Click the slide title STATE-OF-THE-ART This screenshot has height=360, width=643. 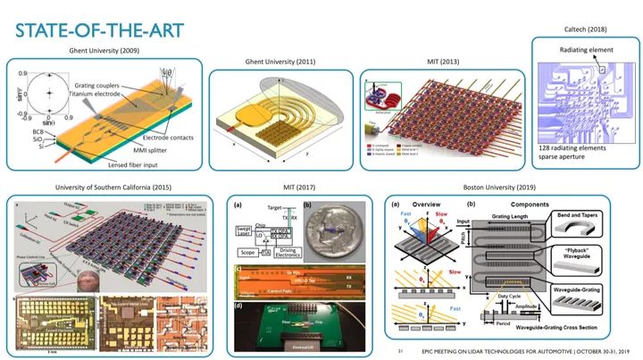[100, 31]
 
